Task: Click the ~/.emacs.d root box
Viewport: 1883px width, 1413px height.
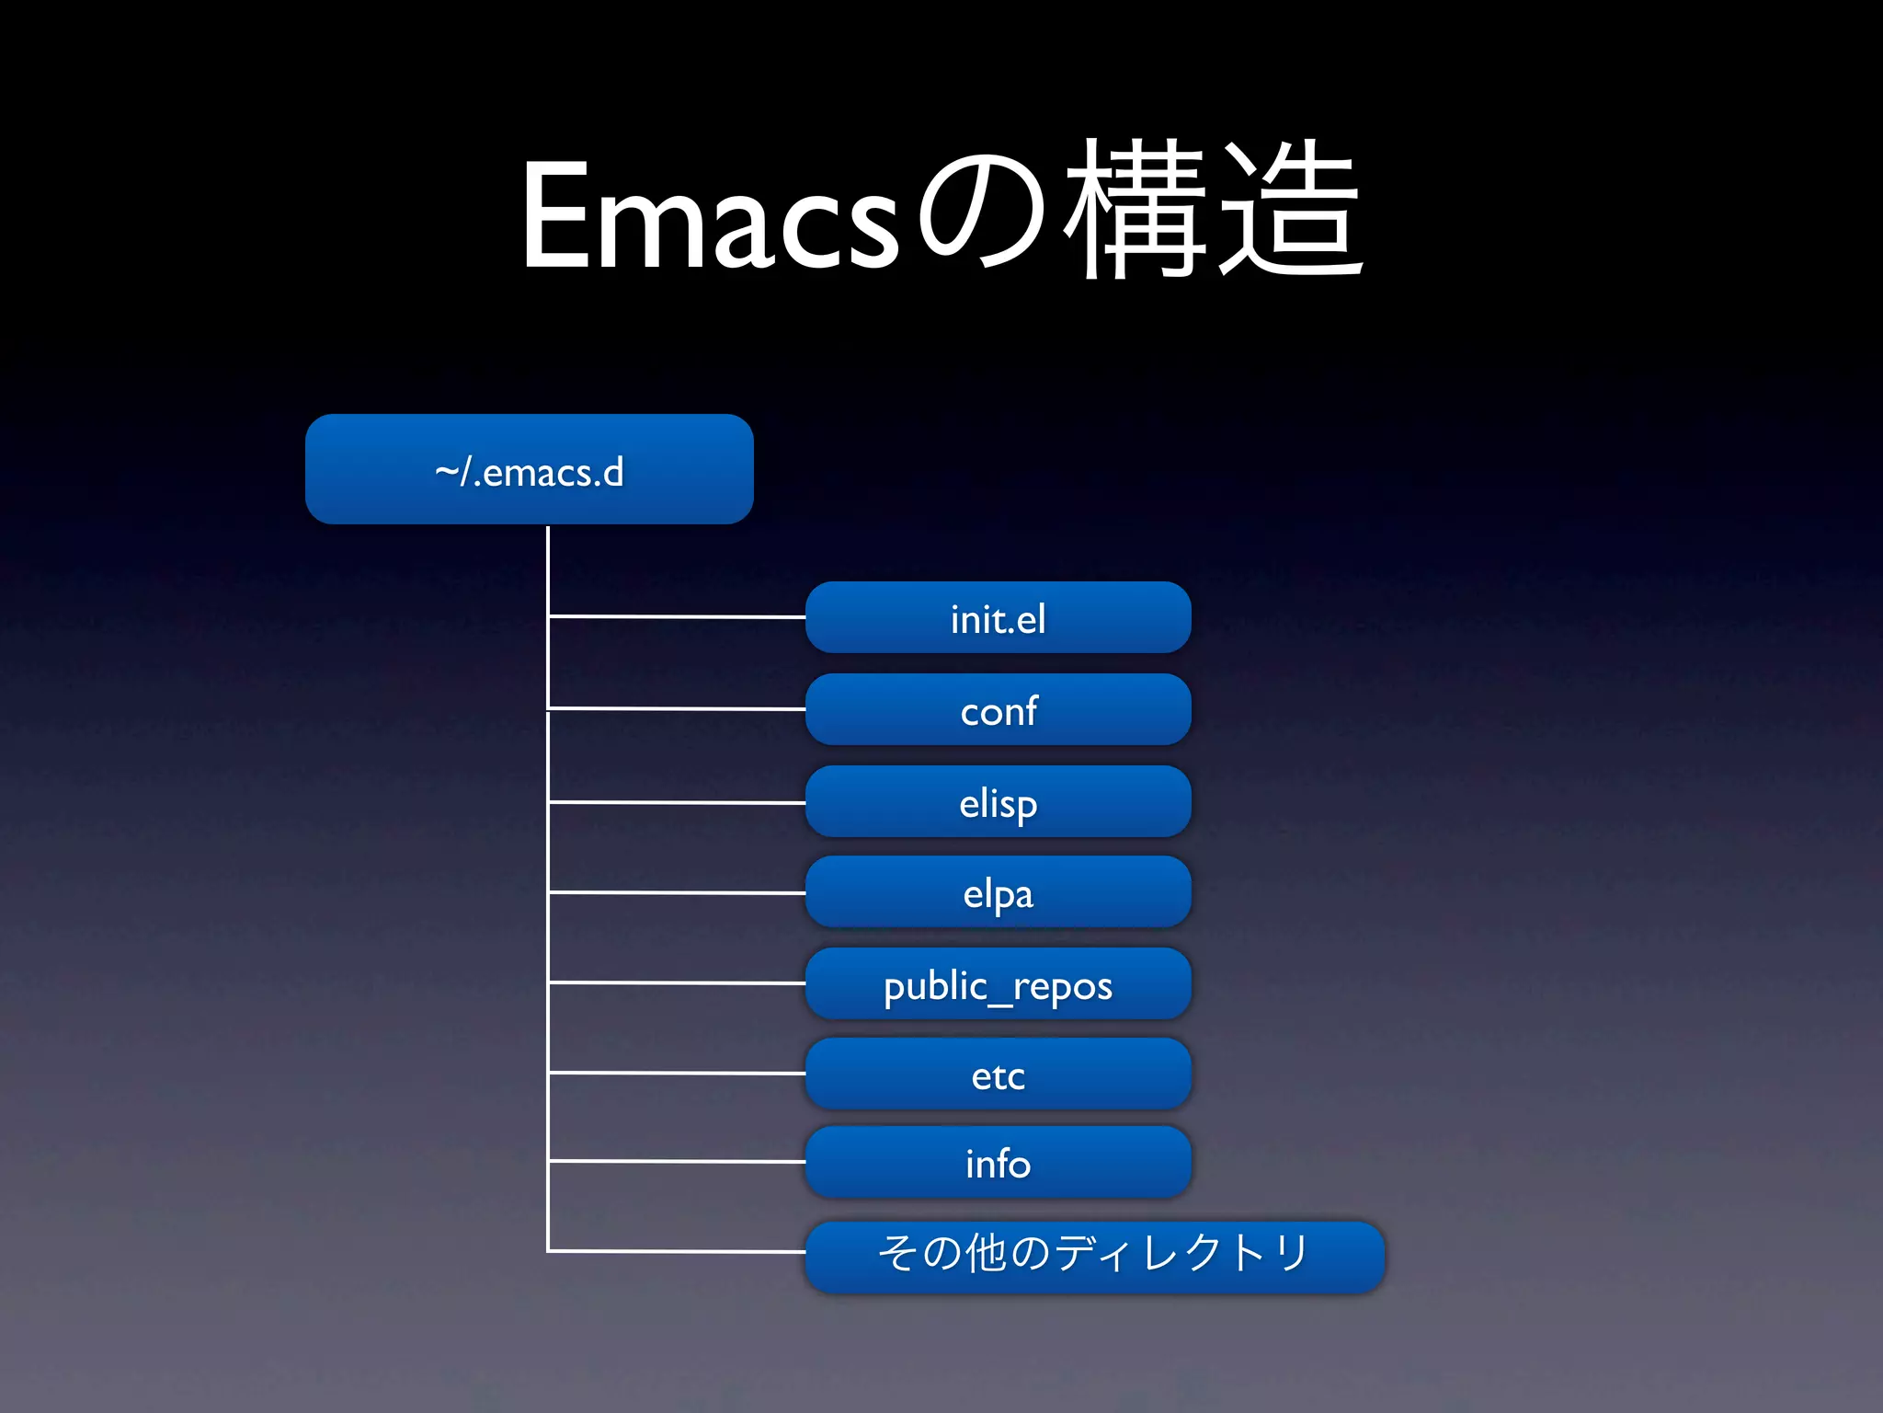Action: point(529,469)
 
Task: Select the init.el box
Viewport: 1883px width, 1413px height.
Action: point(998,618)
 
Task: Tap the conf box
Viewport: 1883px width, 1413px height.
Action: point(998,710)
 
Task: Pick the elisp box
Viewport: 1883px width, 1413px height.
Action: point(998,802)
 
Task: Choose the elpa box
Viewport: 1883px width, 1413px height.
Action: point(998,892)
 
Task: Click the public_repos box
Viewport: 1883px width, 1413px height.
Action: point(998,984)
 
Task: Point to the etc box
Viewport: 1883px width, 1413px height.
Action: point(998,1074)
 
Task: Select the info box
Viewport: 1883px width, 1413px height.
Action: point(998,1163)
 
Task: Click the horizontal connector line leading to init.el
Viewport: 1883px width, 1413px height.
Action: point(677,616)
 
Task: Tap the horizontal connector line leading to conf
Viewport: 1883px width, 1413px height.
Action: point(677,708)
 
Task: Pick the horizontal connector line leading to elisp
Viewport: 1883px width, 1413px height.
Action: point(677,802)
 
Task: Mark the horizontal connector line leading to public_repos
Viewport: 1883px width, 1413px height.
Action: point(677,982)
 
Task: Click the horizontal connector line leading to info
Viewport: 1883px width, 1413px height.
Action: point(677,1162)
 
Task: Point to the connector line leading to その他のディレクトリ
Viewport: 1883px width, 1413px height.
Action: point(677,1251)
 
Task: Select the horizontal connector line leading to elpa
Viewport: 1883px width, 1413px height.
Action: point(677,892)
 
